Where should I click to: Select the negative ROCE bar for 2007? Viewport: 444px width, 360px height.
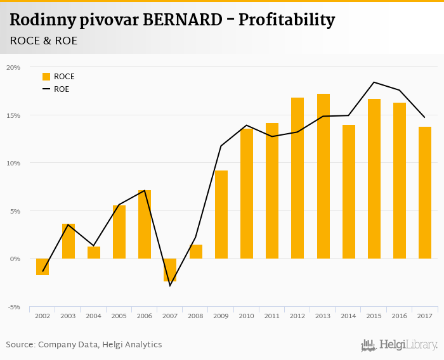pos(170,269)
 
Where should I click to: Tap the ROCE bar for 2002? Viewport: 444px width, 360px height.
pos(42,266)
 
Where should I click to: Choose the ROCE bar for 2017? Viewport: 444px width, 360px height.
pos(424,193)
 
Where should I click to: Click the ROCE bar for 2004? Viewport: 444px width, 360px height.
pos(94,252)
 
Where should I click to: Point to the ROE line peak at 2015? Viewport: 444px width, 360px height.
pos(374,82)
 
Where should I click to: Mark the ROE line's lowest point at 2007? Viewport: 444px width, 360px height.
pos(170,285)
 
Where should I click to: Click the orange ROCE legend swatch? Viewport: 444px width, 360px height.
pos(46,77)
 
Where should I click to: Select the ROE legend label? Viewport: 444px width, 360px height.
pos(62,89)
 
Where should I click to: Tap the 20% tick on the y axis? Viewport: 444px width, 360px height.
pos(13,67)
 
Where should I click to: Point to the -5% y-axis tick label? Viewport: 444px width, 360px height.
pos(13,307)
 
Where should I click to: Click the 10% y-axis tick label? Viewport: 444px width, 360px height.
pos(13,163)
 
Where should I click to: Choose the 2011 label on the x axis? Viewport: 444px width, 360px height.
pos(271,316)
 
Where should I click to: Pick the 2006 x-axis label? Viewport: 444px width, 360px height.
pos(145,316)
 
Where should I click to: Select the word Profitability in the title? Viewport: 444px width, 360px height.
pos(294,20)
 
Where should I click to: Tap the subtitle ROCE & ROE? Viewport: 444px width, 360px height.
pos(42,41)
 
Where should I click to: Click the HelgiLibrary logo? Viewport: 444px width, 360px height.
pos(400,345)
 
